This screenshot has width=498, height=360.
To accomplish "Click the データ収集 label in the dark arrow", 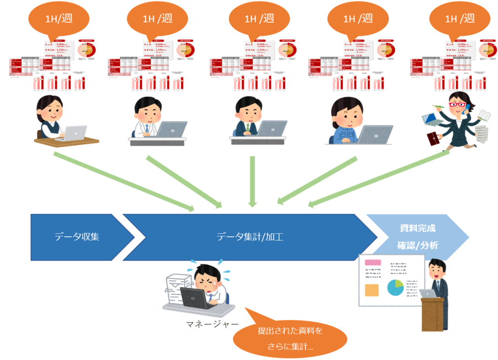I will tap(76, 237).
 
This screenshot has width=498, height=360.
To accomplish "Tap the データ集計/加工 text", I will tap(250, 237).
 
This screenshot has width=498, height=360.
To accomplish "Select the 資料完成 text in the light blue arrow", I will tap(417, 229).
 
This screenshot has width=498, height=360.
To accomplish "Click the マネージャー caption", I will tap(212, 324).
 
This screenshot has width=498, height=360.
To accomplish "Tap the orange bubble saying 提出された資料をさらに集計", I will tap(290, 339).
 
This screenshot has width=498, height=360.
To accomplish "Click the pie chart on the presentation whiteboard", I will tap(395, 288).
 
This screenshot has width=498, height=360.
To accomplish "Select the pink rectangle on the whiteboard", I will tap(373, 263).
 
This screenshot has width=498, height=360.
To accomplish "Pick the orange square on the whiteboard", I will tap(372, 290).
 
